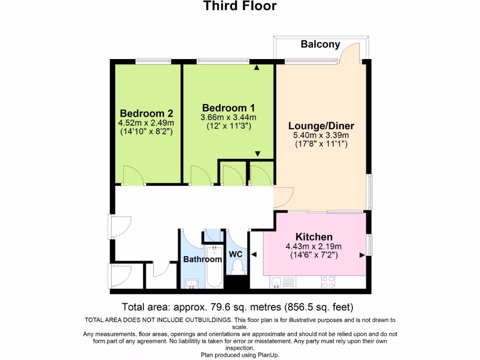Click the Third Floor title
(x=240, y=6)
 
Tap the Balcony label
(x=320, y=45)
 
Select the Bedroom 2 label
(x=146, y=113)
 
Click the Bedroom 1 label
(x=228, y=108)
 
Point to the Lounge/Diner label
(x=321, y=126)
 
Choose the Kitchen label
(x=314, y=237)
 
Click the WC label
(x=235, y=254)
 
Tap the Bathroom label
(x=202, y=259)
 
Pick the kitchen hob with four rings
(x=328, y=282)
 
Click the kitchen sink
(x=276, y=282)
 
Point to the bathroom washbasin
(x=191, y=283)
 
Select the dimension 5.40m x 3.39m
(x=321, y=135)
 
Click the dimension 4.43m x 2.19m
(x=314, y=247)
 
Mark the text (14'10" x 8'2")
(x=146, y=132)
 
